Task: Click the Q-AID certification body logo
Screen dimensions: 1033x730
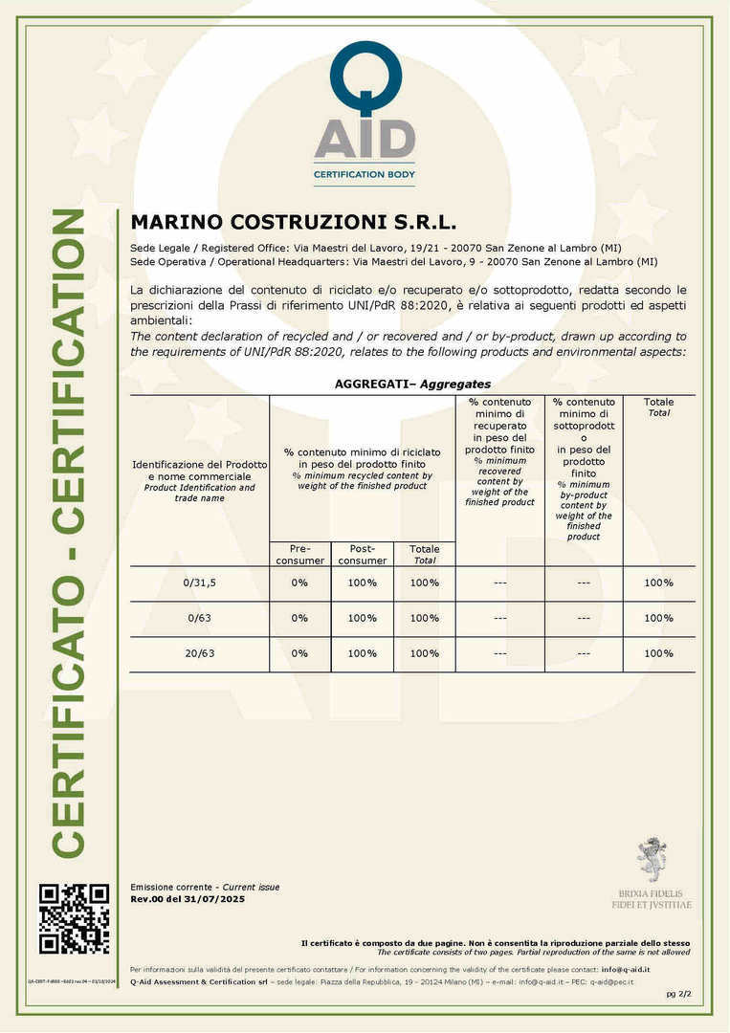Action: click(365, 113)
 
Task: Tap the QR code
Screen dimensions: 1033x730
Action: click(74, 919)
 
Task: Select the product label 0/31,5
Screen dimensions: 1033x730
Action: click(199, 582)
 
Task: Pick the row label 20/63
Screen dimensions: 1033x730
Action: click(199, 653)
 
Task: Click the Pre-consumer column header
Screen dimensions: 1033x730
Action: click(299, 555)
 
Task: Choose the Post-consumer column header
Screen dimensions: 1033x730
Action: click(363, 555)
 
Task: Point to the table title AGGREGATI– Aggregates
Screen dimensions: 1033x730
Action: click(412, 384)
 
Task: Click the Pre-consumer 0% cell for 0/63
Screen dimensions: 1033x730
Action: click(299, 618)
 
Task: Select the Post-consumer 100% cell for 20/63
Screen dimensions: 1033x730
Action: click(363, 653)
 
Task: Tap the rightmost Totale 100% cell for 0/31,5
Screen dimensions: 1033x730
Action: click(658, 582)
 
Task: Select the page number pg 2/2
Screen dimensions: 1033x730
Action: click(677, 995)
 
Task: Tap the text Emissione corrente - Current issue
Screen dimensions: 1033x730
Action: click(205, 888)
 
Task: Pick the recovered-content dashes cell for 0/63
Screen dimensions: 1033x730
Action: click(499, 618)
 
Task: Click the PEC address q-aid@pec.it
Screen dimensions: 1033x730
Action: click(611, 981)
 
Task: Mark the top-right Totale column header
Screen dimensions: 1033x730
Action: click(658, 407)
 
